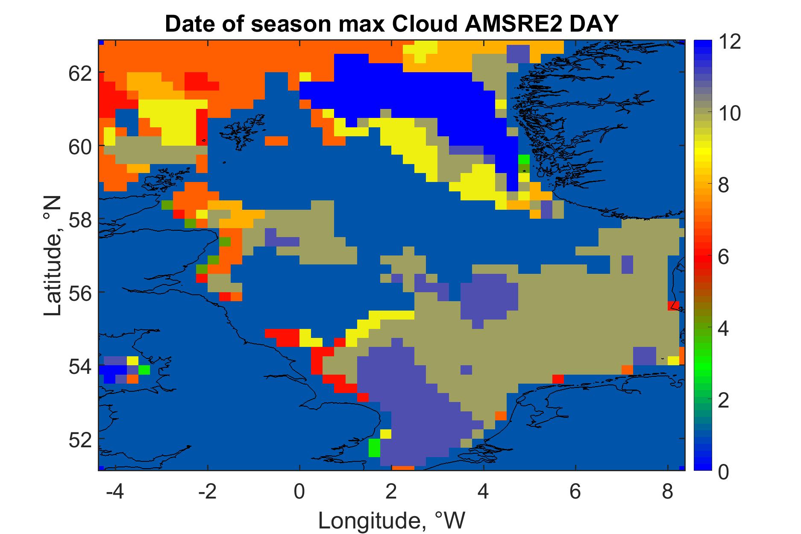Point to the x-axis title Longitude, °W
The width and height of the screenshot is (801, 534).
(392, 520)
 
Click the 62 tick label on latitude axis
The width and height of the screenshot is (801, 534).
(80, 73)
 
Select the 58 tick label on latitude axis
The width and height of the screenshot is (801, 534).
(80, 219)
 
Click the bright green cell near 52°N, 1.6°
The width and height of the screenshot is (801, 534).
(374, 448)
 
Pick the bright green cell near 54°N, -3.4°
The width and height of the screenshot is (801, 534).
(144, 370)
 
